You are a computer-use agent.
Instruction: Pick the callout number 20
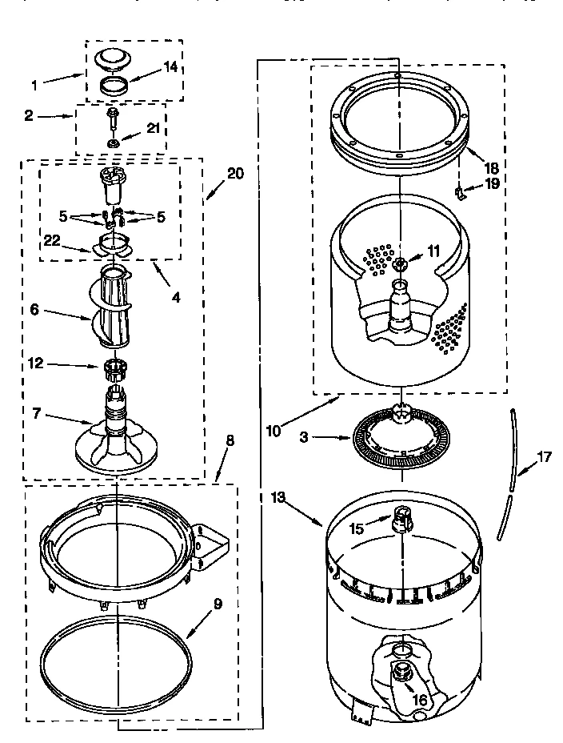tap(235, 173)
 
